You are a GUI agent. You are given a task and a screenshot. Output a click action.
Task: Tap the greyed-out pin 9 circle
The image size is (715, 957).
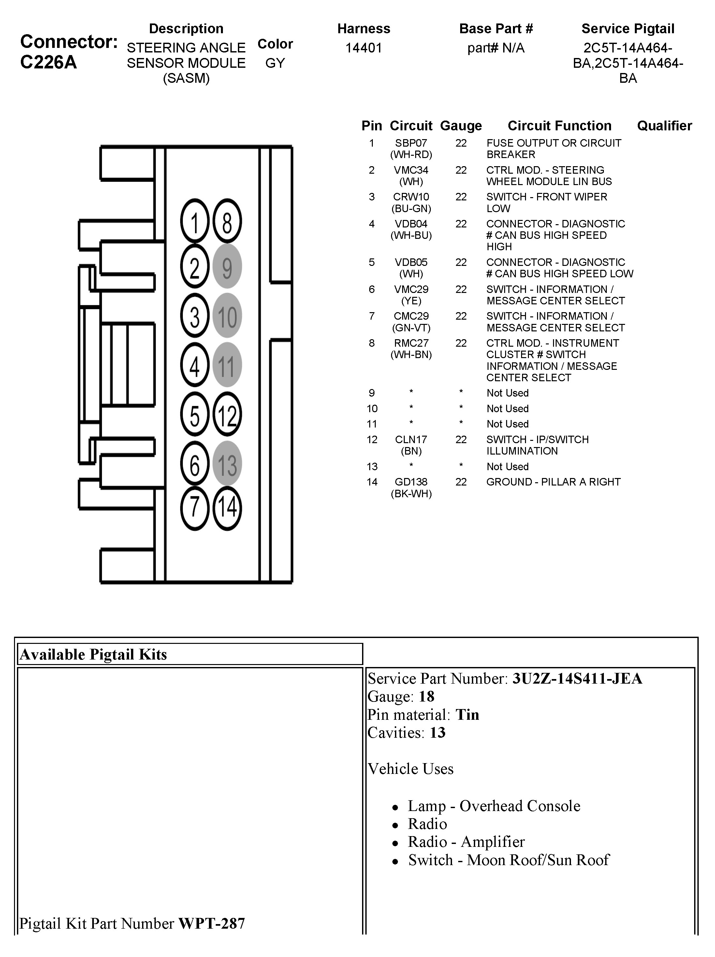pyautogui.click(x=227, y=267)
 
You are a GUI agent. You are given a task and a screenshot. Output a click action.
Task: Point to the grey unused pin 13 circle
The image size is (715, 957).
pyautogui.click(x=227, y=464)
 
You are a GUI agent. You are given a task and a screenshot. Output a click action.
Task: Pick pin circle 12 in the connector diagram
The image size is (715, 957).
pyautogui.click(x=227, y=414)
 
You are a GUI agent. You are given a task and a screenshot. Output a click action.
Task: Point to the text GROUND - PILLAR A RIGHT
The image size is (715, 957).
pyautogui.click(x=553, y=482)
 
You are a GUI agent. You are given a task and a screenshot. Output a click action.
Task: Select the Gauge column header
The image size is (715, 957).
pyautogui.click(x=460, y=126)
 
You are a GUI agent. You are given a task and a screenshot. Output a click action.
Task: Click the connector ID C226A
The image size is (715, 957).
pyautogui.click(x=49, y=62)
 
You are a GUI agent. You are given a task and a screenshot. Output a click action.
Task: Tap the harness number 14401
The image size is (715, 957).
pyautogui.click(x=364, y=48)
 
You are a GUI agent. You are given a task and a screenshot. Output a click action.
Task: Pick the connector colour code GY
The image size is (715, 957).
pyautogui.click(x=275, y=63)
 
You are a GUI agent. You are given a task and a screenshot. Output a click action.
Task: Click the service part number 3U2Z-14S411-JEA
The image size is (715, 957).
pyautogui.click(x=577, y=678)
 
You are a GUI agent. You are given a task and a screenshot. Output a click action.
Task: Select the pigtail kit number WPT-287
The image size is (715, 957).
pyautogui.click(x=212, y=923)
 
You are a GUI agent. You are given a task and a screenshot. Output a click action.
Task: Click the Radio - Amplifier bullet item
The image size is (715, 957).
pyautogui.click(x=466, y=842)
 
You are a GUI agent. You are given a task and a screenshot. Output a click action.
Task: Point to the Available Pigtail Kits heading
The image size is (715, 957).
pyautogui.click(x=94, y=655)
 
